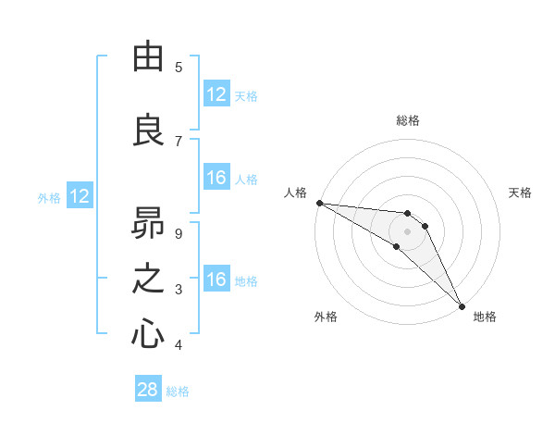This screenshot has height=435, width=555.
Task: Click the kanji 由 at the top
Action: [x=148, y=57]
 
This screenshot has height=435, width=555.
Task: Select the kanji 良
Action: [x=148, y=130]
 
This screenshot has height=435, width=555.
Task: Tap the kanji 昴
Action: [x=148, y=222]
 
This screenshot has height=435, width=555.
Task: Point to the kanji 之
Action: [x=148, y=279]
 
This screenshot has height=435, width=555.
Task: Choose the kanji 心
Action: [x=148, y=335]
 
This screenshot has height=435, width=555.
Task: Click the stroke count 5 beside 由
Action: [x=179, y=67]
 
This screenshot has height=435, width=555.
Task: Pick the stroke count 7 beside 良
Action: [x=179, y=141]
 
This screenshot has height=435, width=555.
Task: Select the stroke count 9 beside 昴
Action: [x=179, y=233]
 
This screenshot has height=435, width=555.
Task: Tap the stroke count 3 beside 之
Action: [x=179, y=290]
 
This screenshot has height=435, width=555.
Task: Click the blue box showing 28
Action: [x=148, y=390]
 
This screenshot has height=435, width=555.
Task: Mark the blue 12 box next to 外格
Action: [x=80, y=196]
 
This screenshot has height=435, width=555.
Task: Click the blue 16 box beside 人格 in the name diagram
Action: [x=216, y=178]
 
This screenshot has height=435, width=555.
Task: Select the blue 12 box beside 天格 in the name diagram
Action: [x=216, y=94]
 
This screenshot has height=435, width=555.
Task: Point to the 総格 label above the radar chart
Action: [x=407, y=120]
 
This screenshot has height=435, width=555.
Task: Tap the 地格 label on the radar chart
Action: [x=485, y=317]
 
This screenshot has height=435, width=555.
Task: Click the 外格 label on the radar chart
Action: [x=326, y=317]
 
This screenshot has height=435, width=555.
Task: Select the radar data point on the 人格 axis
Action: [x=319, y=203]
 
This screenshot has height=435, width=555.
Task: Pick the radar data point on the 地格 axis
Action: [x=462, y=305]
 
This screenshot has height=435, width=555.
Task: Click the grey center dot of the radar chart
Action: [x=407, y=230]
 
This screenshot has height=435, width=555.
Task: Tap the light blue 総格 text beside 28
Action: [x=178, y=391]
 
